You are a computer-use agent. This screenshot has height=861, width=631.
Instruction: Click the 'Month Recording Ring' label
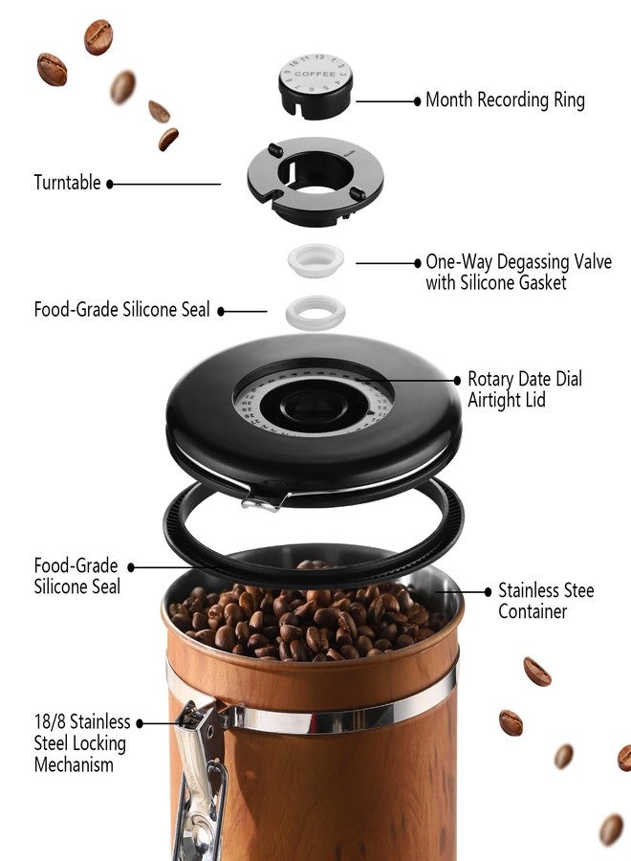pos(505,99)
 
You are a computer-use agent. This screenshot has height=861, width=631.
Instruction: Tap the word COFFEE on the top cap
pos(315,74)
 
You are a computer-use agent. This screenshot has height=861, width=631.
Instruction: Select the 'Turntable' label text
pos(67,183)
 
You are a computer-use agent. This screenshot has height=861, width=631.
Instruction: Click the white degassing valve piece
pos(315,260)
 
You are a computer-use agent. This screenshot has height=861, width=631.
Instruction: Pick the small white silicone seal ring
pos(315,310)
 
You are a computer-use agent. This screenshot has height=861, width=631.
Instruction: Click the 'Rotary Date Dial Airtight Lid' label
pos(525,389)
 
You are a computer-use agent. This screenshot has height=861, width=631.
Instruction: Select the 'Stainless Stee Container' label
pos(546,601)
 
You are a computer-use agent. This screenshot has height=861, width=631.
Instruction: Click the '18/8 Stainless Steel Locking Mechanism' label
pos(80,743)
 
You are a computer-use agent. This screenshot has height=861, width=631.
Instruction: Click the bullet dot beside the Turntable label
pos(110,184)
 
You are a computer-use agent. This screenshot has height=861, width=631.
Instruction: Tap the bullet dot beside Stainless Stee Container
pos(490,591)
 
